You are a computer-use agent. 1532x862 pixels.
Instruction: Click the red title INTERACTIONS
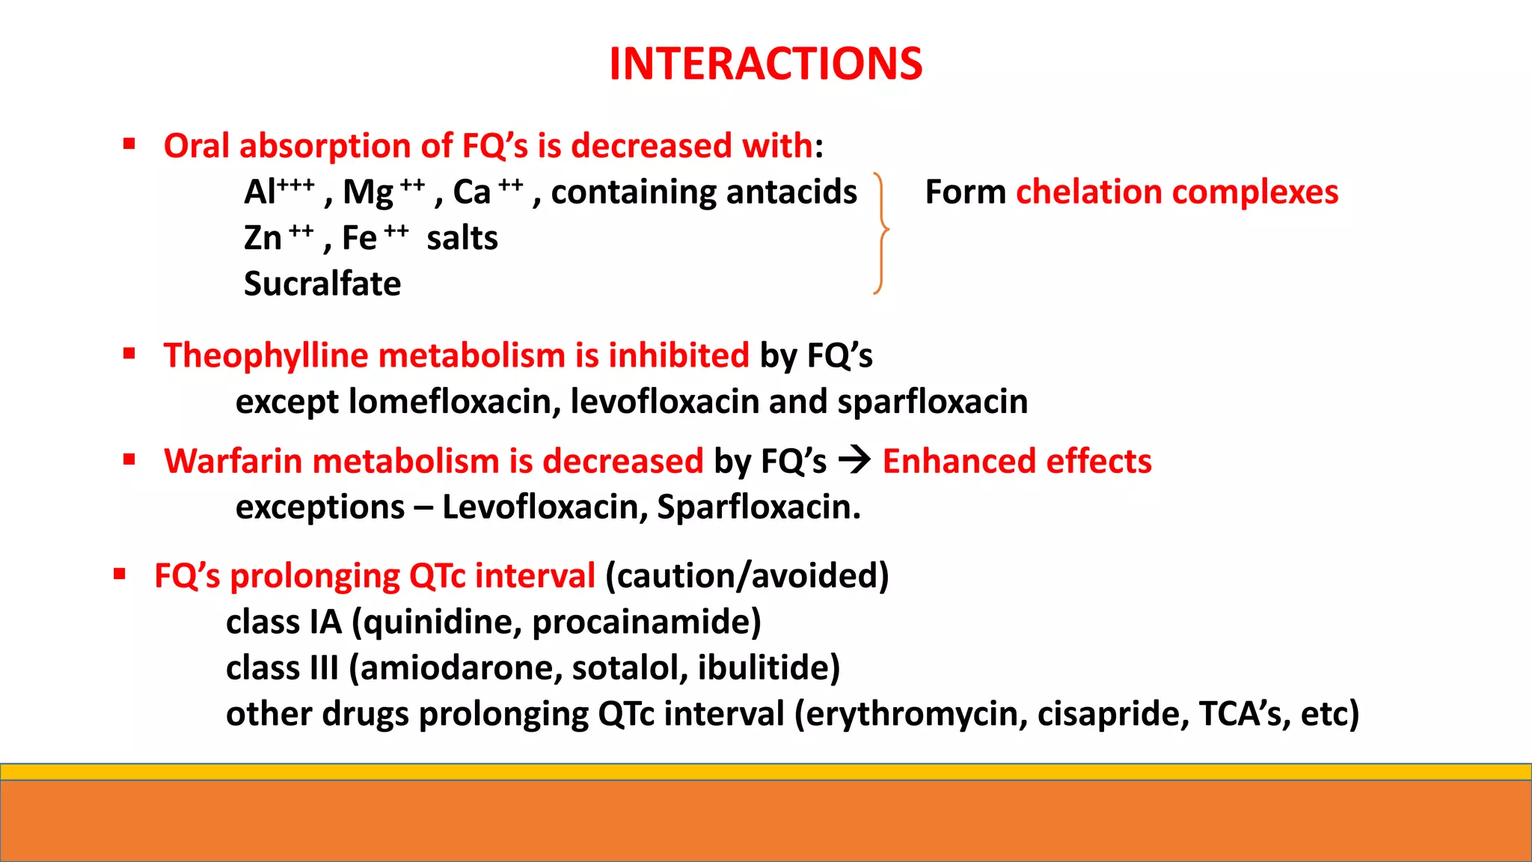pos(765,64)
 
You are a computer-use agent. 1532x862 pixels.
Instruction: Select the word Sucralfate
pos(322,284)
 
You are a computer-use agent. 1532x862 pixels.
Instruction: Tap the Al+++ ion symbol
pos(278,192)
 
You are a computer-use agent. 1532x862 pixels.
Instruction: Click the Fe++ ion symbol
pos(375,238)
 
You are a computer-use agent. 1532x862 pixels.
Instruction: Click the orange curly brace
pos(882,233)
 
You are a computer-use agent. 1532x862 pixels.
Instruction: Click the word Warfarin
pos(233,462)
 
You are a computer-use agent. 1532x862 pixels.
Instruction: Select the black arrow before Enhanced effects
pos(854,460)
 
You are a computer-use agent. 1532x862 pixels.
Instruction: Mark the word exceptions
pos(320,507)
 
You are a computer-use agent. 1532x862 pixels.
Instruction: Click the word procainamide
pos(646,623)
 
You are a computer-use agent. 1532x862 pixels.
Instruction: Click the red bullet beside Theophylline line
pos(129,354)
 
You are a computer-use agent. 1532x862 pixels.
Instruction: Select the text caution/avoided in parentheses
pos(747,576)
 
